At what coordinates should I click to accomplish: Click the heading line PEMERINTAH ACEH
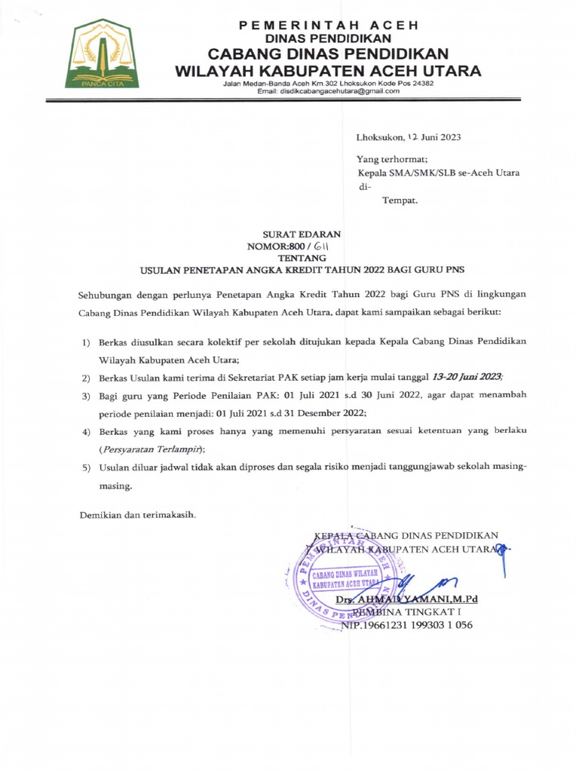click(328, 25)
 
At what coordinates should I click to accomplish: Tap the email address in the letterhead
click(328, 91)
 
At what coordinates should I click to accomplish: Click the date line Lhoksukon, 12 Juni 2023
click(409, 137)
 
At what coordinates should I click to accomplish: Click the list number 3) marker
click(86, 396)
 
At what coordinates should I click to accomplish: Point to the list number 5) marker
click(86, 468)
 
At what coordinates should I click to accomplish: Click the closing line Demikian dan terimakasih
click(138, 515)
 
